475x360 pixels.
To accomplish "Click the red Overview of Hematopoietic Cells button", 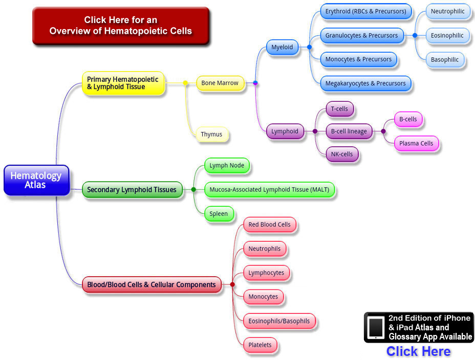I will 121,26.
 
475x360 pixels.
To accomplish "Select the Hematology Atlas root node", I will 36,180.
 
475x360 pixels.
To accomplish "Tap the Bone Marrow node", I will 220,83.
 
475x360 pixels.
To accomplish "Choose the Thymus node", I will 211,134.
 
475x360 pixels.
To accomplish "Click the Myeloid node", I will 282,47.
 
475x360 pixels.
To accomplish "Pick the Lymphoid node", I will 285,131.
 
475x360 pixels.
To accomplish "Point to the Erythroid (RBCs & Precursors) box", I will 365,11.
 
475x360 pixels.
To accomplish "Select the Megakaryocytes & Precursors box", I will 365,83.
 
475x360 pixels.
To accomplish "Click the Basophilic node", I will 445,59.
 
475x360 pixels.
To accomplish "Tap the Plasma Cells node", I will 416,143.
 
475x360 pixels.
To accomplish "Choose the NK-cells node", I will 342,154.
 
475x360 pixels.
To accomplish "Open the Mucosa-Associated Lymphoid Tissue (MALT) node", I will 269,190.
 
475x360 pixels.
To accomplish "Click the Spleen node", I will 219,214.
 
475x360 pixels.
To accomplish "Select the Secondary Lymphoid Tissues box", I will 132,190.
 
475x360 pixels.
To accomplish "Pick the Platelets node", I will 260,345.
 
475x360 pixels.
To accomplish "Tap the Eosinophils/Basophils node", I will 279,321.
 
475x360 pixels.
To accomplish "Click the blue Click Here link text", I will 418,351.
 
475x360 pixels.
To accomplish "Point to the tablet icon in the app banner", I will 376,327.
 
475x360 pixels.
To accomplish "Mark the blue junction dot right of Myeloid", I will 309,47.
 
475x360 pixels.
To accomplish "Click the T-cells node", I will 339,109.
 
